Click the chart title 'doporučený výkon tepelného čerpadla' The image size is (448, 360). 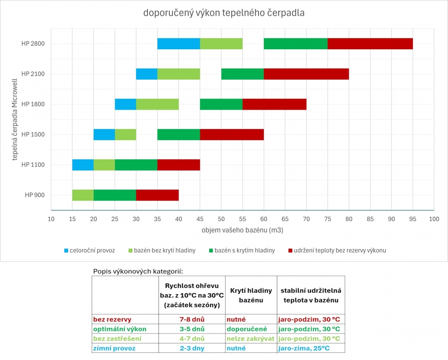224,13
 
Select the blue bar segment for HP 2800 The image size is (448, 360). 178,43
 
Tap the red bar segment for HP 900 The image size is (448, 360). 157,195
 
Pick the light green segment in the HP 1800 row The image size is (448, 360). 157,104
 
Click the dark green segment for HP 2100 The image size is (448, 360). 242,74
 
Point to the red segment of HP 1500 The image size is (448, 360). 232,134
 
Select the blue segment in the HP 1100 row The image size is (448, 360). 83,165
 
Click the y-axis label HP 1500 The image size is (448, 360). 33,134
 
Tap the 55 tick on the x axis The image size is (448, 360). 242,219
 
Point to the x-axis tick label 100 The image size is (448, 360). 434,219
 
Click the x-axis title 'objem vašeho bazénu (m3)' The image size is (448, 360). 242,230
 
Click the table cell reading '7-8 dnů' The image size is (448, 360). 192,320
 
